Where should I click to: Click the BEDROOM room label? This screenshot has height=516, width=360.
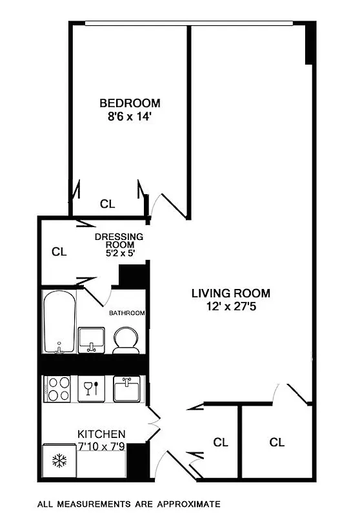pyautogui.click(x=129, y=103)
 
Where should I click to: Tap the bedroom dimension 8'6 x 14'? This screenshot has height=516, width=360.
pyautogui.click(x=129, y=117)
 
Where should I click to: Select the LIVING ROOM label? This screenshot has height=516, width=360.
pyautogui.click(x=230, y=293)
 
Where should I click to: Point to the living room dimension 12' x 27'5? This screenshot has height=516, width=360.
pyautogui.click(x=230, y=308)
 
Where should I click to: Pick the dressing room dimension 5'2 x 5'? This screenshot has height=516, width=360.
pyautogui.click(x=119, y=253)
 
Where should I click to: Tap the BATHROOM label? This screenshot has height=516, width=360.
pyautogui.click(x=126, y=313)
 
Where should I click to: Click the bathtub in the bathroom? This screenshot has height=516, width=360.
pyautogui.click(x=59, y=322)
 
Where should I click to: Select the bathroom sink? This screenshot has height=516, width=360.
pyautogui.click(x=92, y=339)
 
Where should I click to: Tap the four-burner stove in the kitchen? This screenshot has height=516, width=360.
pyautogui.click(x=59, y=389)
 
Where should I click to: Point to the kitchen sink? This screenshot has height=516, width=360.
pyautogui.click(x=126, y=389)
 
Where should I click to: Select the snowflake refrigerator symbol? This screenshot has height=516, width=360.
pyautogui.click(x=59, y=461)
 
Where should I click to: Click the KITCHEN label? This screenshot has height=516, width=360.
pyautogui.click(x=101, y=434)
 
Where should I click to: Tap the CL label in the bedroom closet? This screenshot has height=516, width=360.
pyautogui.click(x=107, y=204)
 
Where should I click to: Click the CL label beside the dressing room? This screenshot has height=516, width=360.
pyautogui.click(x=59, y=252)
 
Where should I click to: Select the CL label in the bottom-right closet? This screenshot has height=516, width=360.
pyautogui.click(x=277, y=442)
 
